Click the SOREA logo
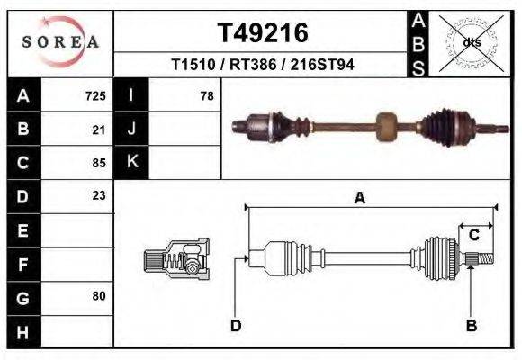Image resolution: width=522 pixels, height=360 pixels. [x=60, y=41]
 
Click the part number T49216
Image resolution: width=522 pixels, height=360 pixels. [x=263, y=33]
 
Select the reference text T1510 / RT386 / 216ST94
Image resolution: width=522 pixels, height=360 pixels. [x=262, y=65]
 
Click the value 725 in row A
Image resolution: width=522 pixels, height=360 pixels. [x=95, y=95]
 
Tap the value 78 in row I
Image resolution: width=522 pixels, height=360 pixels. [x=206, y=95]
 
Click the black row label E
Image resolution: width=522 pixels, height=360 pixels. [x=22, y=230]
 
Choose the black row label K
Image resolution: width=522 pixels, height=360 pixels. [x=131, y=162]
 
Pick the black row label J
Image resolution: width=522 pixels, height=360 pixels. [x=131, y=129]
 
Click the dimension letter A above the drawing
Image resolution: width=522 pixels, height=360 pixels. [x=359, y=199]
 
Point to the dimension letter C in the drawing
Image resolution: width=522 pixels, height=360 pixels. [x=473, y=236]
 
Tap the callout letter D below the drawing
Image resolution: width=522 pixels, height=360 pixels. [x=236, y=325]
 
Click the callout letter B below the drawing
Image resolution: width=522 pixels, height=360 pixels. [x=470, y=325]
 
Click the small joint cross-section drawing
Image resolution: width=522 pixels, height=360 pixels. [x=176, y=260]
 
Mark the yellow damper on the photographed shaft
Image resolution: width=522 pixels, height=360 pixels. [x=386, y=125]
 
